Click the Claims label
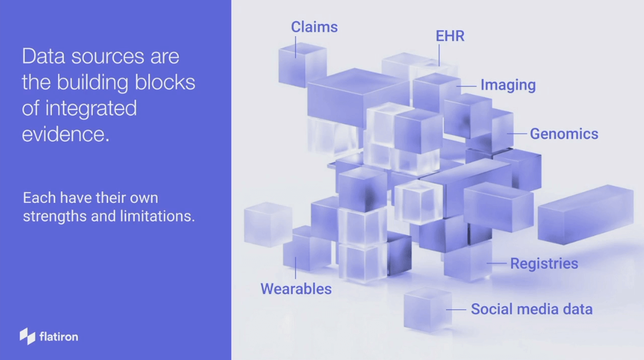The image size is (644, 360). pos(314,27)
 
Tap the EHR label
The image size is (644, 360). pos(450,36)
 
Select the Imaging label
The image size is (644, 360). pos(508,85)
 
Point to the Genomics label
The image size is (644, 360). pos(564,134)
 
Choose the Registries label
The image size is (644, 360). pos(544,263)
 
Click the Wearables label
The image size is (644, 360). pos(296,289)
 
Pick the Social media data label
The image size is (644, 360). pos(532,309)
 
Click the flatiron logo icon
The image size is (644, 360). pos(27,336)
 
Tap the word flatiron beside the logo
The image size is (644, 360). pos(59,337)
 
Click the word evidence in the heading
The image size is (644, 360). pos(66,134)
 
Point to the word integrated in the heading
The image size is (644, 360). pos(91,109)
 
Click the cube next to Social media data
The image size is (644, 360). pos(428,309)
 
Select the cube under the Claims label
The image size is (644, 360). pos(302,65)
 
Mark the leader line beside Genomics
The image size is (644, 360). pos(517,134)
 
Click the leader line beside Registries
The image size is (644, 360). pos(497,263)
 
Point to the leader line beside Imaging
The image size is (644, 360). pos(467,86)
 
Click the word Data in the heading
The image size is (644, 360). pos(43,56)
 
